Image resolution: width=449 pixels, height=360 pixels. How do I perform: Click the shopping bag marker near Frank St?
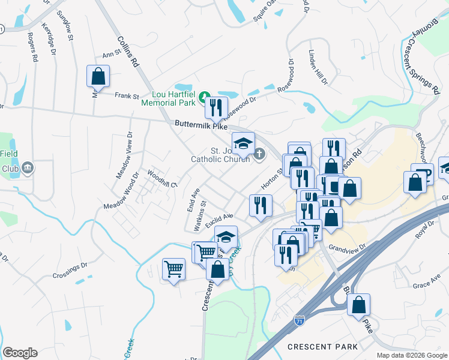[x=98, y=77]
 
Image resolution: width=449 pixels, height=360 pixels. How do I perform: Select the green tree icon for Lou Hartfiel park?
[x=204, y=96]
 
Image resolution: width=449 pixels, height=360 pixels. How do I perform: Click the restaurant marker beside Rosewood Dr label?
[x=216, y=108]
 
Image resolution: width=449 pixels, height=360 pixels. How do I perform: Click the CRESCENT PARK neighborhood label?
[x=322, y=347]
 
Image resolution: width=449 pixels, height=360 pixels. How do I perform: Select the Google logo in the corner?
[x=20, y=353]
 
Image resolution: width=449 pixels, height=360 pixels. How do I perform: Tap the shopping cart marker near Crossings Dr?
[x=173, y=269]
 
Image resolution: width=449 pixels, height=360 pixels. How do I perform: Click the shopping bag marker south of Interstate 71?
[x=358, y=305]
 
